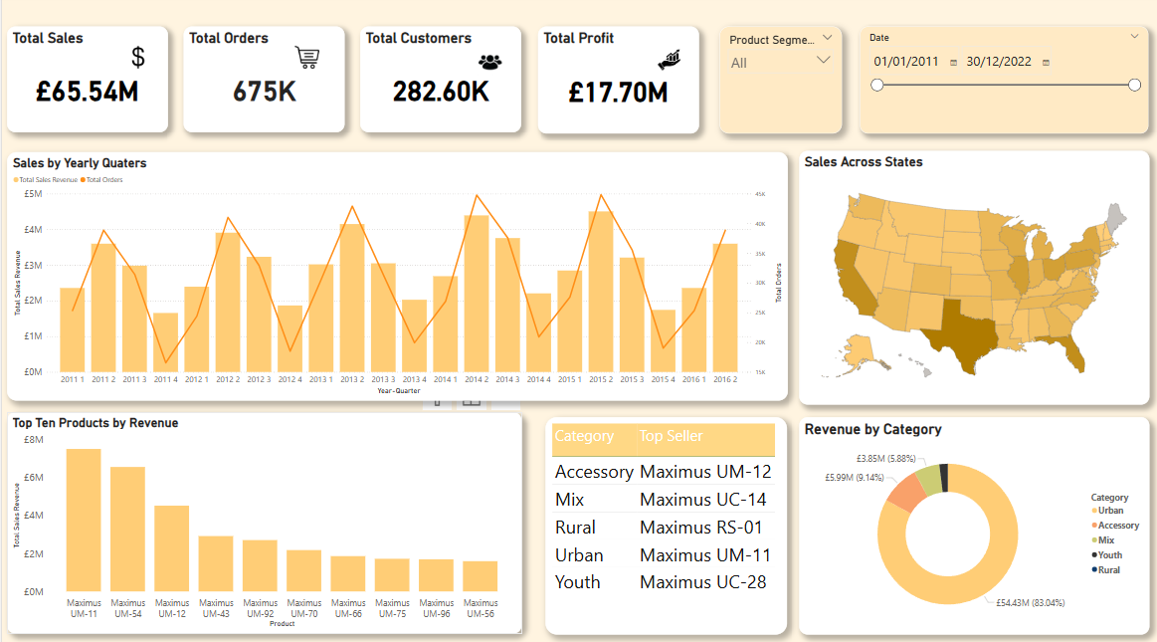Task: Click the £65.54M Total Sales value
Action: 87,93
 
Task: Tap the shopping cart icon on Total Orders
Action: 307,58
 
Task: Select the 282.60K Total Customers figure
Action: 440,93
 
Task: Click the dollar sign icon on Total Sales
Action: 138,58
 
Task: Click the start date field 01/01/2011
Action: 905,62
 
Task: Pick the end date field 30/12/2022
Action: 998,62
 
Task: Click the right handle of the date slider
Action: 1134,86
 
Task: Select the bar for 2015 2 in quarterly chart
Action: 600,291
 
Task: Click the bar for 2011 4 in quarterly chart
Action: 166,341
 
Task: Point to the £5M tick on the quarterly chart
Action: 33,194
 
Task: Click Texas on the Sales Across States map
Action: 954,333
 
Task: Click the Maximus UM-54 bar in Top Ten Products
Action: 127,529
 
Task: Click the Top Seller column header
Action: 671,436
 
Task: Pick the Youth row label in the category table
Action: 577,582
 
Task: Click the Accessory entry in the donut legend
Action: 1118,526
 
